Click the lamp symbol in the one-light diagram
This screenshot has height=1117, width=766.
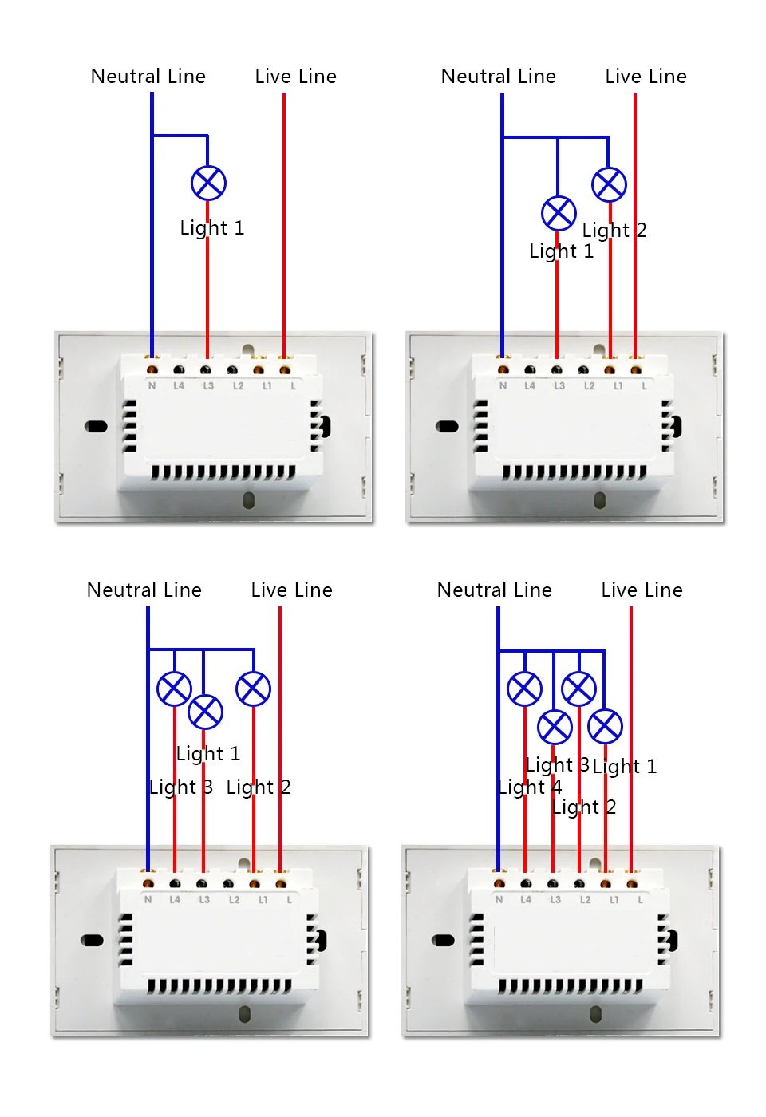click(x=208, y=184)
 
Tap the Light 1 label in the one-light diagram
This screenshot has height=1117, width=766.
click(x=212, y=228)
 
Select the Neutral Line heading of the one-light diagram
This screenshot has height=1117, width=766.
click(x=148, y=77)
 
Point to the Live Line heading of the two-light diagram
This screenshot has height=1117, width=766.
click(x=646, y=77)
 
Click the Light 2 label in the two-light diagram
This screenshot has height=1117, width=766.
click(x=614, y=231)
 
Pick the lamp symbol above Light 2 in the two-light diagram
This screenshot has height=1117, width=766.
click(x=609, y=185)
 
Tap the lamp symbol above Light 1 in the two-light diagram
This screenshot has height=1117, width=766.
click(x=559, y=213)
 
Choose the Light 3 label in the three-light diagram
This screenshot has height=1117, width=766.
click(x=181, y=787)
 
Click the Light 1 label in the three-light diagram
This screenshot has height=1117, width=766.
click(x=208, y=754)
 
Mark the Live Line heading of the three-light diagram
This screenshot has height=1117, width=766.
click(x=291, y=590)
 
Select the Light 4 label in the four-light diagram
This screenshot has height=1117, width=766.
click(x=530, y=787)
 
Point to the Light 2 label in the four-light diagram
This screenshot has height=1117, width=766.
click(x=584, y=807)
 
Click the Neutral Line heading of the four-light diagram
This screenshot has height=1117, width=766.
click(x=495, y=590)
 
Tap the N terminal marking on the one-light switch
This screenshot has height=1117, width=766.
click(x=152, y=386)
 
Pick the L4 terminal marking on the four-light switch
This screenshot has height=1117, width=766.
click(x=526, y=900)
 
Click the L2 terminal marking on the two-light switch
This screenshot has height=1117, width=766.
click(x=589, y=386)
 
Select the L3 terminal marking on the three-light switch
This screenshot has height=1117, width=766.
click(x=204, y=900)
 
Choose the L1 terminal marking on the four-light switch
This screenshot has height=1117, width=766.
click(x=614, y=900)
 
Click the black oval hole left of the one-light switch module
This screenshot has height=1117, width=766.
click(x=97, y=427)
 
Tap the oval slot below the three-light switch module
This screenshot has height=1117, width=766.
click(x=245, y=1014)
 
